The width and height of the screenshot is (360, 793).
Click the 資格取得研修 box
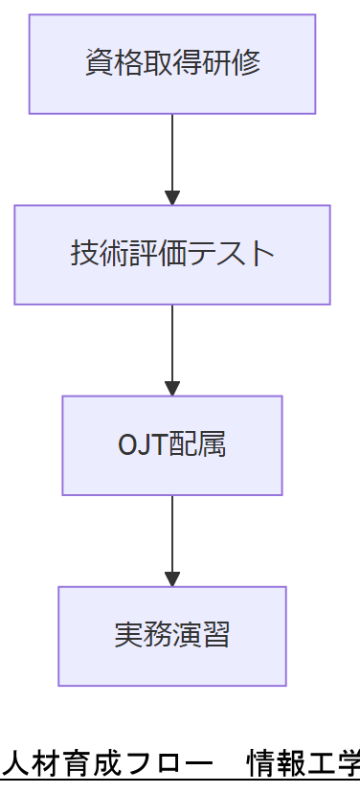tap(172, 64)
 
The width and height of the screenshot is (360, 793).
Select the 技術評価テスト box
tap(172, 255)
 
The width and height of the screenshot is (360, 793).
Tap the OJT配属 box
tap(172, 445)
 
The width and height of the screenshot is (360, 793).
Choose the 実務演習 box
tap(172, 636)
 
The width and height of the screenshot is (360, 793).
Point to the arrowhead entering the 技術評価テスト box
tap(172, 197)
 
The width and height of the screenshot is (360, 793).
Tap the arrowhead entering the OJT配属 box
tap(172, 388)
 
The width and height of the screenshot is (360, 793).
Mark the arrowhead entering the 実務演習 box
tap(172, 578)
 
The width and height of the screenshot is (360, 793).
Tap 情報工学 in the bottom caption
tap(304, 764)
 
